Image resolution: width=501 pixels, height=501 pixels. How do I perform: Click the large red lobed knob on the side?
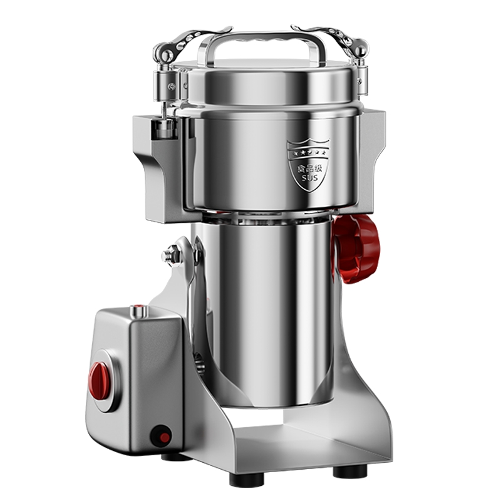[x=356, y=249]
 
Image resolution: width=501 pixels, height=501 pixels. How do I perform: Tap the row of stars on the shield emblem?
[x=309, y=153]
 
